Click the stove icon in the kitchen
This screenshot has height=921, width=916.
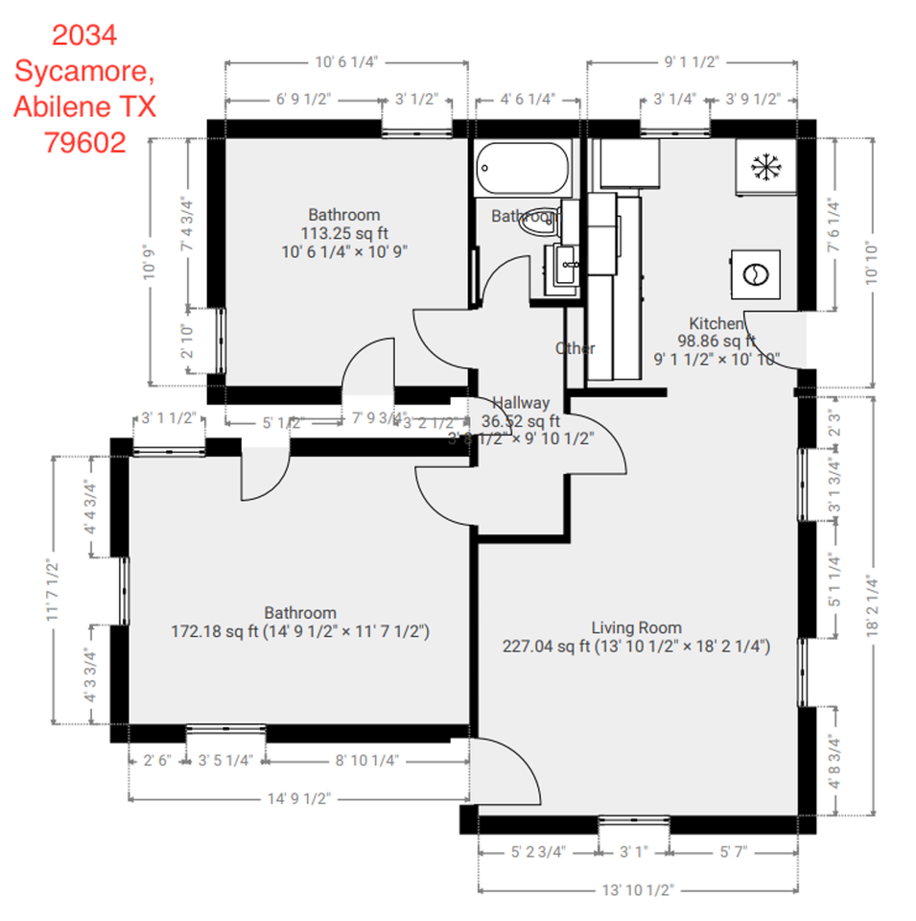755,273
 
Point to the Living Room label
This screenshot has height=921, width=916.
636,627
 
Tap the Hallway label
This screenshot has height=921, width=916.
521,403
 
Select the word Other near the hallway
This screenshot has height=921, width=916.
575,348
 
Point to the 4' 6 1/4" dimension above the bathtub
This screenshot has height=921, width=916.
528,98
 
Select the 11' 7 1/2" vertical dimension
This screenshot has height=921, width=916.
55,589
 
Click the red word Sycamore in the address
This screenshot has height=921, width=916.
83,71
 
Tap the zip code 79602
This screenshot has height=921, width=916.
84,142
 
